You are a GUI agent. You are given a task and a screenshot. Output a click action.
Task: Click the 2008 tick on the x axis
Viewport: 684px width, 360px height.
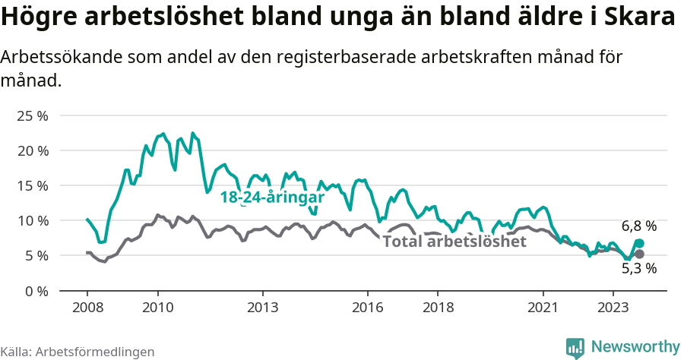click(87, 308)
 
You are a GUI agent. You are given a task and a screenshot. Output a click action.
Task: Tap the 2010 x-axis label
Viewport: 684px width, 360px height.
click(157, 308)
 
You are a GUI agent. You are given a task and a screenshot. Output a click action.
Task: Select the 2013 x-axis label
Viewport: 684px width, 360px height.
click(262, 308)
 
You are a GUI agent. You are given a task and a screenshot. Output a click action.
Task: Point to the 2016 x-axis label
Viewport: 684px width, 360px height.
click(368, 308)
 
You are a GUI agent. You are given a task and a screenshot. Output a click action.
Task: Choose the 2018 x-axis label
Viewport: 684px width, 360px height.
click(438, 308)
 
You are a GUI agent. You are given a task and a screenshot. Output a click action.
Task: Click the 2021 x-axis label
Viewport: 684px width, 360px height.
click(543, 308)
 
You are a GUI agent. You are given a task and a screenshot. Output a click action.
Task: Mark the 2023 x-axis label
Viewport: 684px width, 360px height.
click(613, 308)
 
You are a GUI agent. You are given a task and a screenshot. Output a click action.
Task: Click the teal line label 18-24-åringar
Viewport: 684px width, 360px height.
click(272, 197)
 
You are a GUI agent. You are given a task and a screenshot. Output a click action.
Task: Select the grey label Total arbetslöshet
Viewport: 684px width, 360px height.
click(454, 242)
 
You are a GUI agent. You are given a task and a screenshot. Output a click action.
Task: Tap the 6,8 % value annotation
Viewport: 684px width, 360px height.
click(638, 226)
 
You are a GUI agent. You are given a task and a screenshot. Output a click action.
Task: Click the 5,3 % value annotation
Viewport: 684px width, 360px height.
click(638, 268)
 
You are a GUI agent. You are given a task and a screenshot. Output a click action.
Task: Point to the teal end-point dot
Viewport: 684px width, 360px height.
click(639, 243)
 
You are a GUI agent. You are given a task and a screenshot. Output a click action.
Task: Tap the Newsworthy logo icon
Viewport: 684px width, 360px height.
click(575, 347)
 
